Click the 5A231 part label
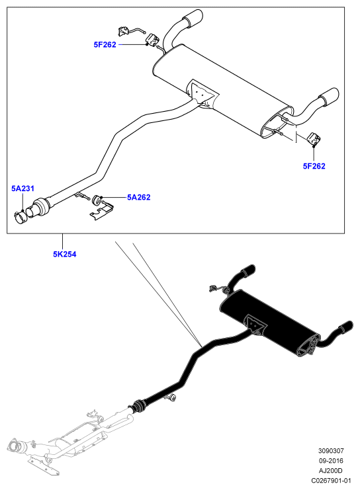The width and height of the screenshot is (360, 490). [x=22, y=188]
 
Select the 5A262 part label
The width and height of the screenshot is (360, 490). [x=138, y=197]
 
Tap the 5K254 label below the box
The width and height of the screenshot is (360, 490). [x=64, y=255]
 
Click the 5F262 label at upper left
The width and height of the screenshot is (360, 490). [x=105, y=45]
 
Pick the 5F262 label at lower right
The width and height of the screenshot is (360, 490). [x=314, y=166]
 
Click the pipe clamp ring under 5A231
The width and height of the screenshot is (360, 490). [x=21, y=217]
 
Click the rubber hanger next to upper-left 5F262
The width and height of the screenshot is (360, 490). [x=152, y=39]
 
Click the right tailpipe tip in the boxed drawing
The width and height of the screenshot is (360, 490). [x=329, y=97]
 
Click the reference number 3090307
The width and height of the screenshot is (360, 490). [x=331, y=451]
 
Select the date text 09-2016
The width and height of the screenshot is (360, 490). [x=331, y=461]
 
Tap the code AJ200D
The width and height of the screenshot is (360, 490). [x=331, y=471]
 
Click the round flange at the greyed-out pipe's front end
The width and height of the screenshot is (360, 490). [x=15, y=444]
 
